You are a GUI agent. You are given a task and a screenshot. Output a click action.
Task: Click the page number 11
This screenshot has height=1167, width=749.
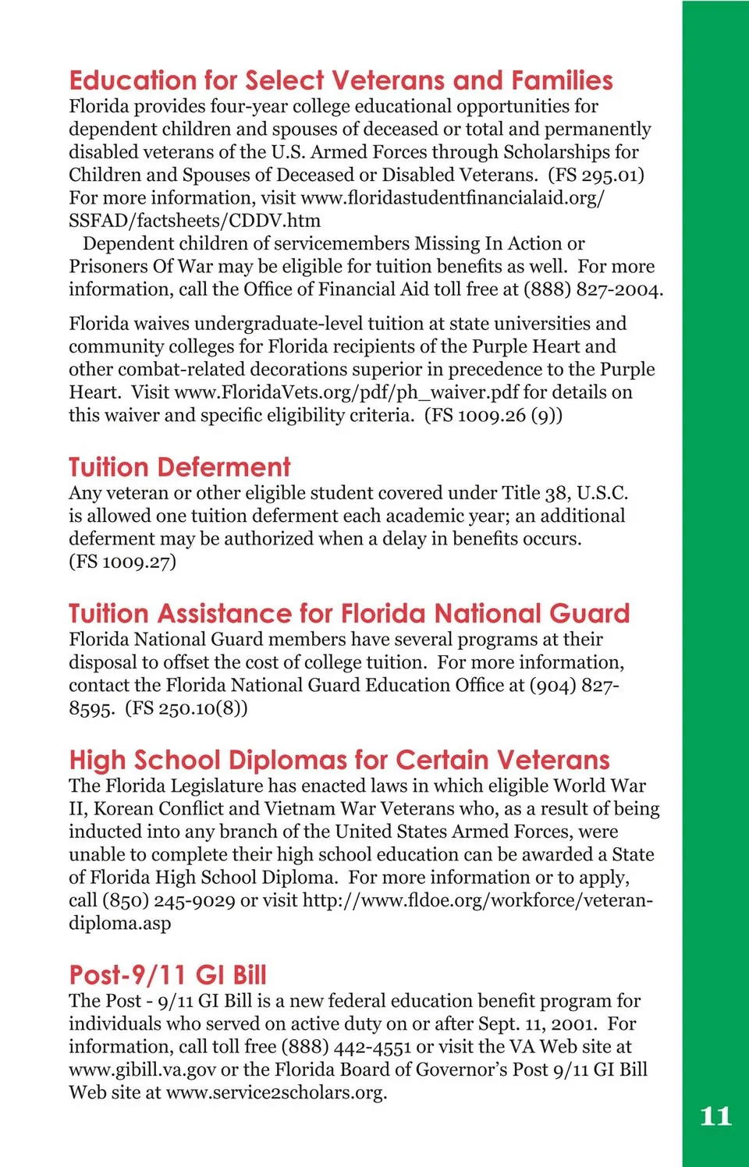[715, 1116]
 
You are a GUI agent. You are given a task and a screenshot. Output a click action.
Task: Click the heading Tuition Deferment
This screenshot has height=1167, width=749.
[179, 467]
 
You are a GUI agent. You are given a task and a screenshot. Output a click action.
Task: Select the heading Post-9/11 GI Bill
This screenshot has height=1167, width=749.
[168, 975]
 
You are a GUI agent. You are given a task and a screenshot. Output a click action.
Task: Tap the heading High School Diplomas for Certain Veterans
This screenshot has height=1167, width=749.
[339, 760]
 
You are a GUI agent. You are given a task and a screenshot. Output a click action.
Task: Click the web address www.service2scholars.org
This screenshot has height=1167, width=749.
[276, 1092]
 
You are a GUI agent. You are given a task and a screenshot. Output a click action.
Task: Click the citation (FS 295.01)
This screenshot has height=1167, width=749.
[596, 175]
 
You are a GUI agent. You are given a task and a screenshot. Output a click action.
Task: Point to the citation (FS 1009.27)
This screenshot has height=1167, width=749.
[122, 562]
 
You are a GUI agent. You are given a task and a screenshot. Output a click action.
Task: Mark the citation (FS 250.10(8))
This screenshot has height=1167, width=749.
[186, 708]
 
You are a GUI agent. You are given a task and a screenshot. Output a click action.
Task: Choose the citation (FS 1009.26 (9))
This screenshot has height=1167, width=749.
[493, 415]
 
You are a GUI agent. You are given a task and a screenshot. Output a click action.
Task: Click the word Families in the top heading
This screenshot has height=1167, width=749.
[562, 80]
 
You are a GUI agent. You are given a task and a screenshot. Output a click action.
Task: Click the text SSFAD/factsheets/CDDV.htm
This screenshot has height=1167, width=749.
[194, 221]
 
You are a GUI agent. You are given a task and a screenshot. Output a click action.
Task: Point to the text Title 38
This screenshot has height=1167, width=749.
[535, 493]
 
